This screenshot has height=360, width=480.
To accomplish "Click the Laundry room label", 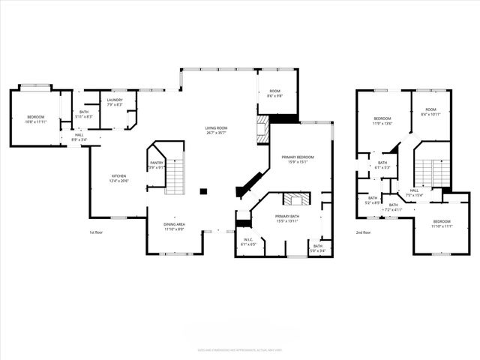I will tap(115, 100).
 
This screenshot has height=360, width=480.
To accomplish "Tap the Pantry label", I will tap(157, 163).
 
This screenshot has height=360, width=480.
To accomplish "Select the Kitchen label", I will tap(119, 176).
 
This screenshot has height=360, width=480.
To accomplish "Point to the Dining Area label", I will tap(175, 224).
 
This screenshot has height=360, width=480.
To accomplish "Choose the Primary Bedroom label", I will tap(298, 157).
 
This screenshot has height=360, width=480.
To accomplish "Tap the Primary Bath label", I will tap(287, 217).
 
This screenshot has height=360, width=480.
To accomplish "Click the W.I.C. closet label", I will tap(249, 240).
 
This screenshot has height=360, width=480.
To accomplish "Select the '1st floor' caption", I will tap(95, 232).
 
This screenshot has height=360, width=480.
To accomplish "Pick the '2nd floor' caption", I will tap(363, 232).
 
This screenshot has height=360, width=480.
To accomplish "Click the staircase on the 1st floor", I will tap(174, 176).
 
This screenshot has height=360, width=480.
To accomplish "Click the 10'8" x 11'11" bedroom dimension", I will tap(36, 121).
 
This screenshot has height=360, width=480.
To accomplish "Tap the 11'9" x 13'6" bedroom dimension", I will tap(382, 124).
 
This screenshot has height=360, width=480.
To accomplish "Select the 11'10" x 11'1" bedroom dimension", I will tap(442, 226).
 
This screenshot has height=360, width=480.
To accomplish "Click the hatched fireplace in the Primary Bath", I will tap(295, 199).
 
